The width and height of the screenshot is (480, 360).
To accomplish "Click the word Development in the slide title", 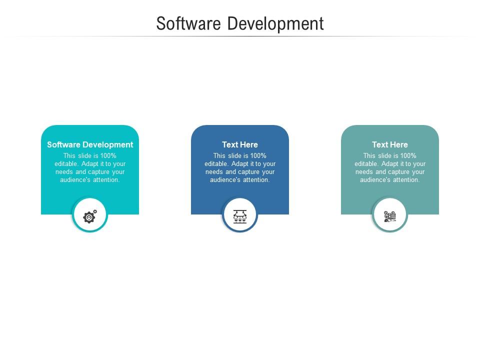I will [x=275, y=23].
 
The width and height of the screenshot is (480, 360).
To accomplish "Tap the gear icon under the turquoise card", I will [x=90, y=216].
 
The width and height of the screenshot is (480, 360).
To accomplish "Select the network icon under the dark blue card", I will [x=240, y=216].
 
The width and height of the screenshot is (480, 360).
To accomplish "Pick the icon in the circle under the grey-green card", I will [x=390, y=216].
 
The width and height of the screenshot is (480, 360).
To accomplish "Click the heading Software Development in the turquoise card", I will [x=90, y=144].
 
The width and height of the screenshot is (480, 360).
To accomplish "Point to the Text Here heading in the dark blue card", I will [x=240, y=144].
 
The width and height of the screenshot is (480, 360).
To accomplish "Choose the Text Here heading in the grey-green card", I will [x=390, y=144].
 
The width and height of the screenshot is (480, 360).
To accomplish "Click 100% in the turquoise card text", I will [x=108, y=155].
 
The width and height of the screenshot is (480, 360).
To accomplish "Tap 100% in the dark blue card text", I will [x=258, y=155].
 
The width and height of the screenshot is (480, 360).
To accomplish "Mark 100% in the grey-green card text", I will [x=408, y=155].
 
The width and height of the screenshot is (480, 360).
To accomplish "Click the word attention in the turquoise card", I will [x=105, y=179].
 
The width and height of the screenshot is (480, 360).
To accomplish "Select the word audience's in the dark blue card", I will [x=225, y=179].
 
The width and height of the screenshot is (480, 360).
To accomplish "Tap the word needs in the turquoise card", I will [x=64, y=171].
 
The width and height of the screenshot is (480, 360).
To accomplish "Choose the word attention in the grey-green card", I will [x=405, y=179].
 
